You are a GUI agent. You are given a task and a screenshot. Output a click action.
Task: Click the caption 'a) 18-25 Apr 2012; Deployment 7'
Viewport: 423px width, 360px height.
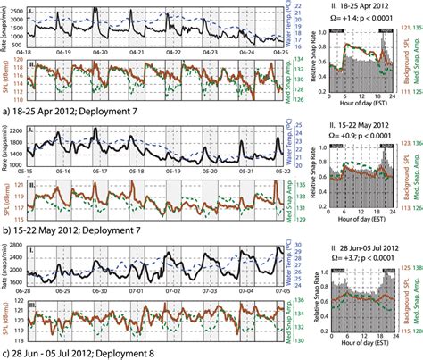pyautogui.click(x=67, y=113)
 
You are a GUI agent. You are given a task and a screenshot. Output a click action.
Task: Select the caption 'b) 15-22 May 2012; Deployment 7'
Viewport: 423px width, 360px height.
pyautogui.click(x=68, y=228)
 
